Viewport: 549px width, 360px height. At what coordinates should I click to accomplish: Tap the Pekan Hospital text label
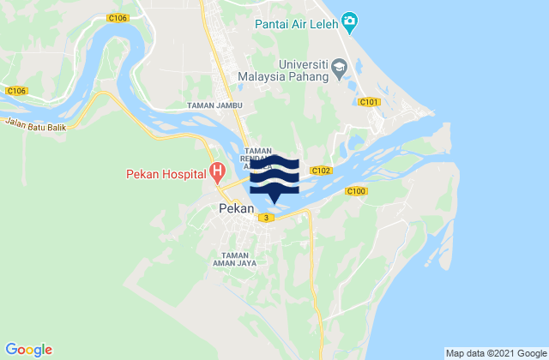point(163,173)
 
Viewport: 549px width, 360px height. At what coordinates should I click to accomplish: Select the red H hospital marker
point(218,172)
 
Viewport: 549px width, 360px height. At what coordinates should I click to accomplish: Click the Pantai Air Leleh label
point(297,24)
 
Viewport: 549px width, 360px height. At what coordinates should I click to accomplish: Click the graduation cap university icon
point(341,65)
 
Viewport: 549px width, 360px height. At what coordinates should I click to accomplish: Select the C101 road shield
point(370,102)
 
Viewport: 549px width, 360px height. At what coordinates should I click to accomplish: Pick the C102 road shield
point(321,171)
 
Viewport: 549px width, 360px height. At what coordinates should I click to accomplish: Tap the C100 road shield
point(357,190)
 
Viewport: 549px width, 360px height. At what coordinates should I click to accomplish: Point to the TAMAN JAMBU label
point(215,105)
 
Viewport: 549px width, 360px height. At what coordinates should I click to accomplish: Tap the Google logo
point(29,350)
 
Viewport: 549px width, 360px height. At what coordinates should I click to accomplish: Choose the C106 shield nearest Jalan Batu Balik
point(15,90)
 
